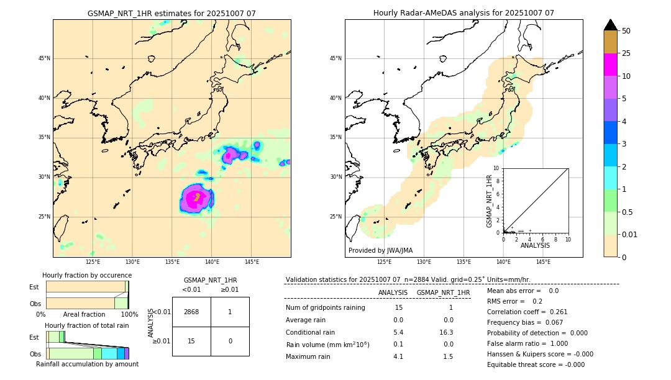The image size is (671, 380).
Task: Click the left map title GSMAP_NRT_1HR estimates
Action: (x=171, y=13)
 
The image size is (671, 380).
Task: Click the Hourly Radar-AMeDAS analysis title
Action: (x=463, y=13)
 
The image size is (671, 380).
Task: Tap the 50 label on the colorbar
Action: (x=626, y=31)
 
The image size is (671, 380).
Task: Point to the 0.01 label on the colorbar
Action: (x=630, y=234)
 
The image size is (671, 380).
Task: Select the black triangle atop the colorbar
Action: (x=611, y=25)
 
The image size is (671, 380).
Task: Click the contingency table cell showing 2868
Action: (x=191, y=312)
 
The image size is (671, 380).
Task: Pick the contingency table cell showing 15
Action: (x=191, y=341)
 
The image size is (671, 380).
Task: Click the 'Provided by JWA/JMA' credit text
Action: (x=380, y=250)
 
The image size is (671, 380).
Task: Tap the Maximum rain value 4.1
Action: (x=398, y=356)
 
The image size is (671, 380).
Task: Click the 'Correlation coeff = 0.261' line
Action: (x=527, y=312)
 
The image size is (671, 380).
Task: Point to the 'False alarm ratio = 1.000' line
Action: (x=527, y=343)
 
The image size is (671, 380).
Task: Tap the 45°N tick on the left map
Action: (x=44, y=58)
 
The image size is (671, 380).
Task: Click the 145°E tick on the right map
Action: (x=543, y=262)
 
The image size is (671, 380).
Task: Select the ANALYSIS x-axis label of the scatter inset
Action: (x=535, y=245)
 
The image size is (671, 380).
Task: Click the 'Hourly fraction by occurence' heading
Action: (x=87, y=275)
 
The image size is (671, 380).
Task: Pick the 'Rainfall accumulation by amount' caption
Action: (x=87, y=364)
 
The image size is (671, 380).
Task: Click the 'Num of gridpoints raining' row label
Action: (x=325, y=307)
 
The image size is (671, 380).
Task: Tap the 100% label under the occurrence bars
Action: (x=129, y=314)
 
